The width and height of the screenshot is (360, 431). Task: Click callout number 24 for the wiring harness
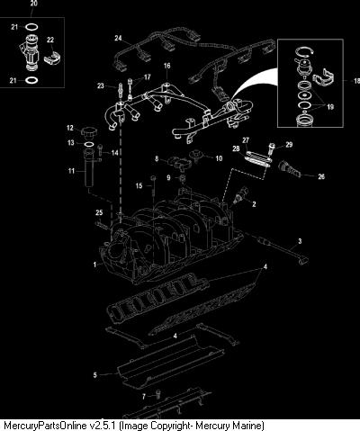pos(118,38)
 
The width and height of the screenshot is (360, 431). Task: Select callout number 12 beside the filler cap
pos(70,128)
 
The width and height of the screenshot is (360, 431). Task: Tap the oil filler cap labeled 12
pos(88,131)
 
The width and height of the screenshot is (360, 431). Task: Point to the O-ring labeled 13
pos(88,145)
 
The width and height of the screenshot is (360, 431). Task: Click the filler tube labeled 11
pos(89,168)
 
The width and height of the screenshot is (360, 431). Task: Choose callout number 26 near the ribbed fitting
pos(321,176)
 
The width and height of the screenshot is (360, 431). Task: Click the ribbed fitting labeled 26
pos(290,169)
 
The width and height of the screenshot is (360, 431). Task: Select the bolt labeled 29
pos(272,148)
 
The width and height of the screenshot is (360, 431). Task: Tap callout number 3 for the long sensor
pos(300,241)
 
